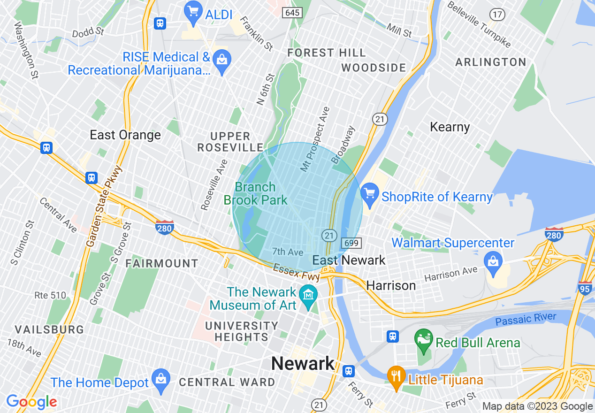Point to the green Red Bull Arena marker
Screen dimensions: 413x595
(x=424, y=341)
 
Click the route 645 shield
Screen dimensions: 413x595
(x=292, y=13)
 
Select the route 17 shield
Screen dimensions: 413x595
(x=497, y=15)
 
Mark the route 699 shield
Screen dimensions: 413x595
(x=351, y=243)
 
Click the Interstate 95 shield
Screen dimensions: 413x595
(x=585, y=288)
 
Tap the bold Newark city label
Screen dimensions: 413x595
(x=303, y=364)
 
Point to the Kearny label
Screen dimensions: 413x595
(x=450, y=127)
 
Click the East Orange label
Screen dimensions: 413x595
(x=125, y=135)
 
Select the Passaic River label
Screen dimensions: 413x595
(x=526, y=320)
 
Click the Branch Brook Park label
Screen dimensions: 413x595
(x=255, y=194)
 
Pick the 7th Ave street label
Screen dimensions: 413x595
(x=288, y=252)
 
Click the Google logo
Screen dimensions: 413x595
(x=32, y=402)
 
